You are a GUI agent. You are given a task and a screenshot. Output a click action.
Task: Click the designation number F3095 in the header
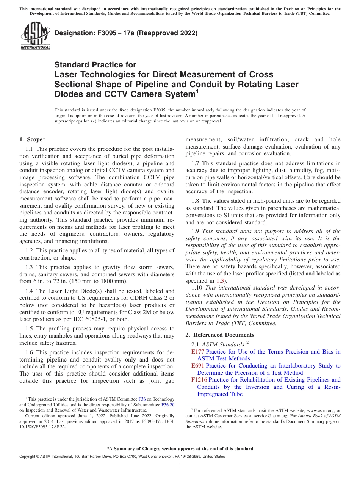(100, 33)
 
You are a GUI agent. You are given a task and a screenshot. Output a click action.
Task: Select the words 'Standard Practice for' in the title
(95, 65)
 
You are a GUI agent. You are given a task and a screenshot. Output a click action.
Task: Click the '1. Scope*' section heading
(33, 139)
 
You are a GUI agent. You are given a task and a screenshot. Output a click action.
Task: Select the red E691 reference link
(198, 366)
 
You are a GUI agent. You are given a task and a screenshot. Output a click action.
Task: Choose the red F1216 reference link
(199, 380)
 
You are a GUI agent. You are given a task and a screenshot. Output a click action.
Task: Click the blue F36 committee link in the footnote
(142, 399)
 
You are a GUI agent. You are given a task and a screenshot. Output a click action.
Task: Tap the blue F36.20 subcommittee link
(168, 404)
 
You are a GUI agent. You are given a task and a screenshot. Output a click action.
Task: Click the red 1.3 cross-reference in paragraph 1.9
(220, 281)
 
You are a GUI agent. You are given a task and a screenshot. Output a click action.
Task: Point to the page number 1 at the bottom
(180, 466)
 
